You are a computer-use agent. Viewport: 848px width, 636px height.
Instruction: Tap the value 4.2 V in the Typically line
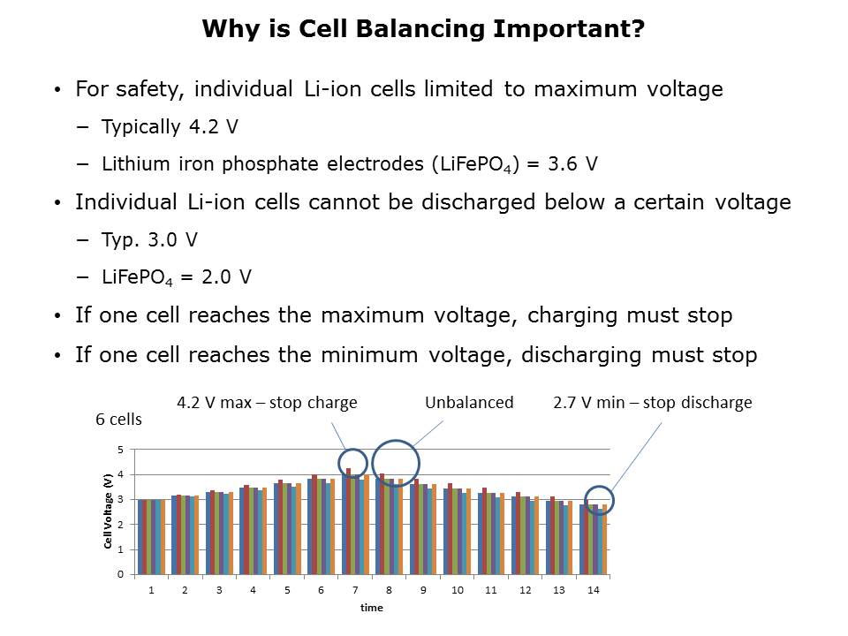(x=213, y=126)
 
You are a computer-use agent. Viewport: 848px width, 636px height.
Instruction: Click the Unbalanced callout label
(x=469, y=403)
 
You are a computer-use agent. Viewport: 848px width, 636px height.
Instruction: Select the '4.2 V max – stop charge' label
(x=268, y=403)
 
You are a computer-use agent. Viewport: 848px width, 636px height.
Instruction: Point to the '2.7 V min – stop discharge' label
(x=652, y=403)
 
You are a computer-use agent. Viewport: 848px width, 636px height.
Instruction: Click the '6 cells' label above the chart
(x=118, y=420)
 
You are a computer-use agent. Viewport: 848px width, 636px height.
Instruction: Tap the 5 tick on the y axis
(x=121, y=450)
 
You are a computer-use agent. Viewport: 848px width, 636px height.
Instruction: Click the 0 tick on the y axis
(x=121, y=574)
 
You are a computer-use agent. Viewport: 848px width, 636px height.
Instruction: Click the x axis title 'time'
(x=371, y=607)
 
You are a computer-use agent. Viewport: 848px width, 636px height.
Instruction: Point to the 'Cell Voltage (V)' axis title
(x=108, y=511)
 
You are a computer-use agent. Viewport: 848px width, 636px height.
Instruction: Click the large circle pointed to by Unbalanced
(x=396, y=464)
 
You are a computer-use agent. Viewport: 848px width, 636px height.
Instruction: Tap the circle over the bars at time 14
(x=599, y=500)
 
